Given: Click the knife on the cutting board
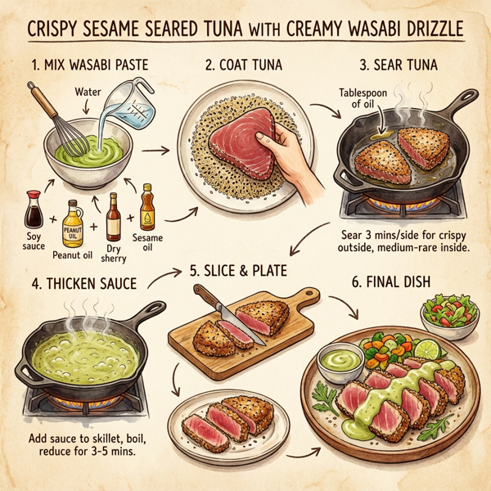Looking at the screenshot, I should click(220, 307).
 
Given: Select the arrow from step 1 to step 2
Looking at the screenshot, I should click(167, 150).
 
